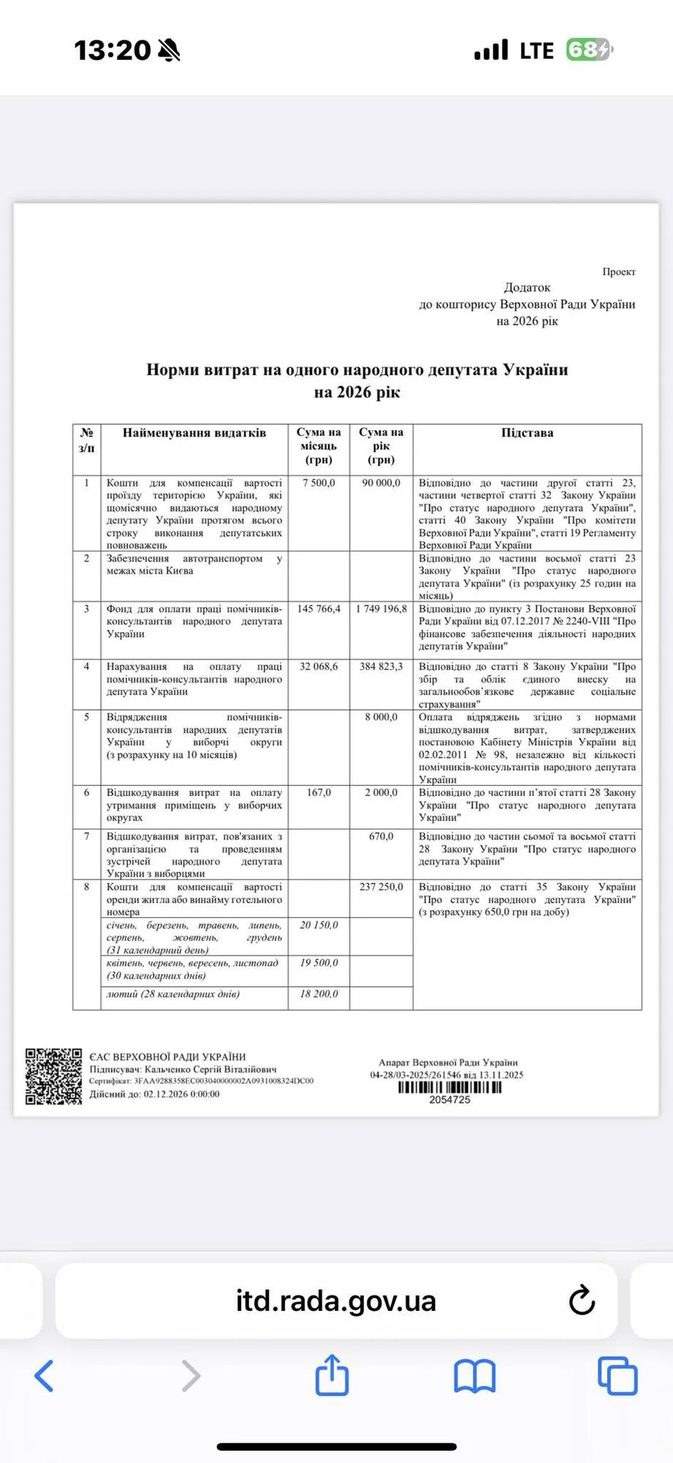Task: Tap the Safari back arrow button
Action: click(x=45, y=1376)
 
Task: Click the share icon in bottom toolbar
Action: click(x=332, y=1375)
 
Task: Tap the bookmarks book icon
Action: click(x=474, y=1376)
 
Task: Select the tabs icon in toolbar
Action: click(x=617, y=1376)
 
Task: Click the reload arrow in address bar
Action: click(x=582, y=1300)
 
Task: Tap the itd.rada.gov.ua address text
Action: click(x=335, y=1301)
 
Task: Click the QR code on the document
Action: click(x=53, y=1076)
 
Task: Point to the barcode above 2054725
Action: click(x=449, y=1087)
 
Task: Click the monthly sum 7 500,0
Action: click(x=319, y=483)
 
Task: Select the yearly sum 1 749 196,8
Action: click(x=381, y=609)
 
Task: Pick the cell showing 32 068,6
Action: click(x=319, y=666)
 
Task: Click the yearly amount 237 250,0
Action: click(x=381, y=887)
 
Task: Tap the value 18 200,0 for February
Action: click(x=319, y=994)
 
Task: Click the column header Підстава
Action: click(x=527, y=432)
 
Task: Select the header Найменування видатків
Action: click(x=194, y=432)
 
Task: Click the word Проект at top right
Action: click(x=618, y=271)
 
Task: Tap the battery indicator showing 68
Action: click(x=588, y=50)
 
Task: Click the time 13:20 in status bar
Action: click(x=112, y=50)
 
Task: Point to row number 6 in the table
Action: click(x=86, y=792)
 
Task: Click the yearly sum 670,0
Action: click(x=381, y=836)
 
